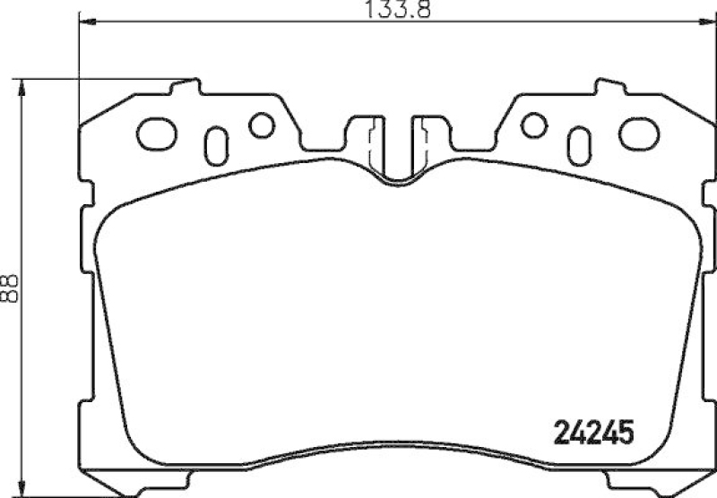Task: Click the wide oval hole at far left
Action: click(158, 134)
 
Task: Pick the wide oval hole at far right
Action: click(637, 134)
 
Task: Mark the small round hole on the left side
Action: click(262, 125)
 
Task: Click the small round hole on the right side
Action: click(534, 125)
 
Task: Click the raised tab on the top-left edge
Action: click(186, 87)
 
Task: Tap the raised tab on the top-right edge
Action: click(609, 87)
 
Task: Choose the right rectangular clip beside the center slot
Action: click(428, 134)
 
